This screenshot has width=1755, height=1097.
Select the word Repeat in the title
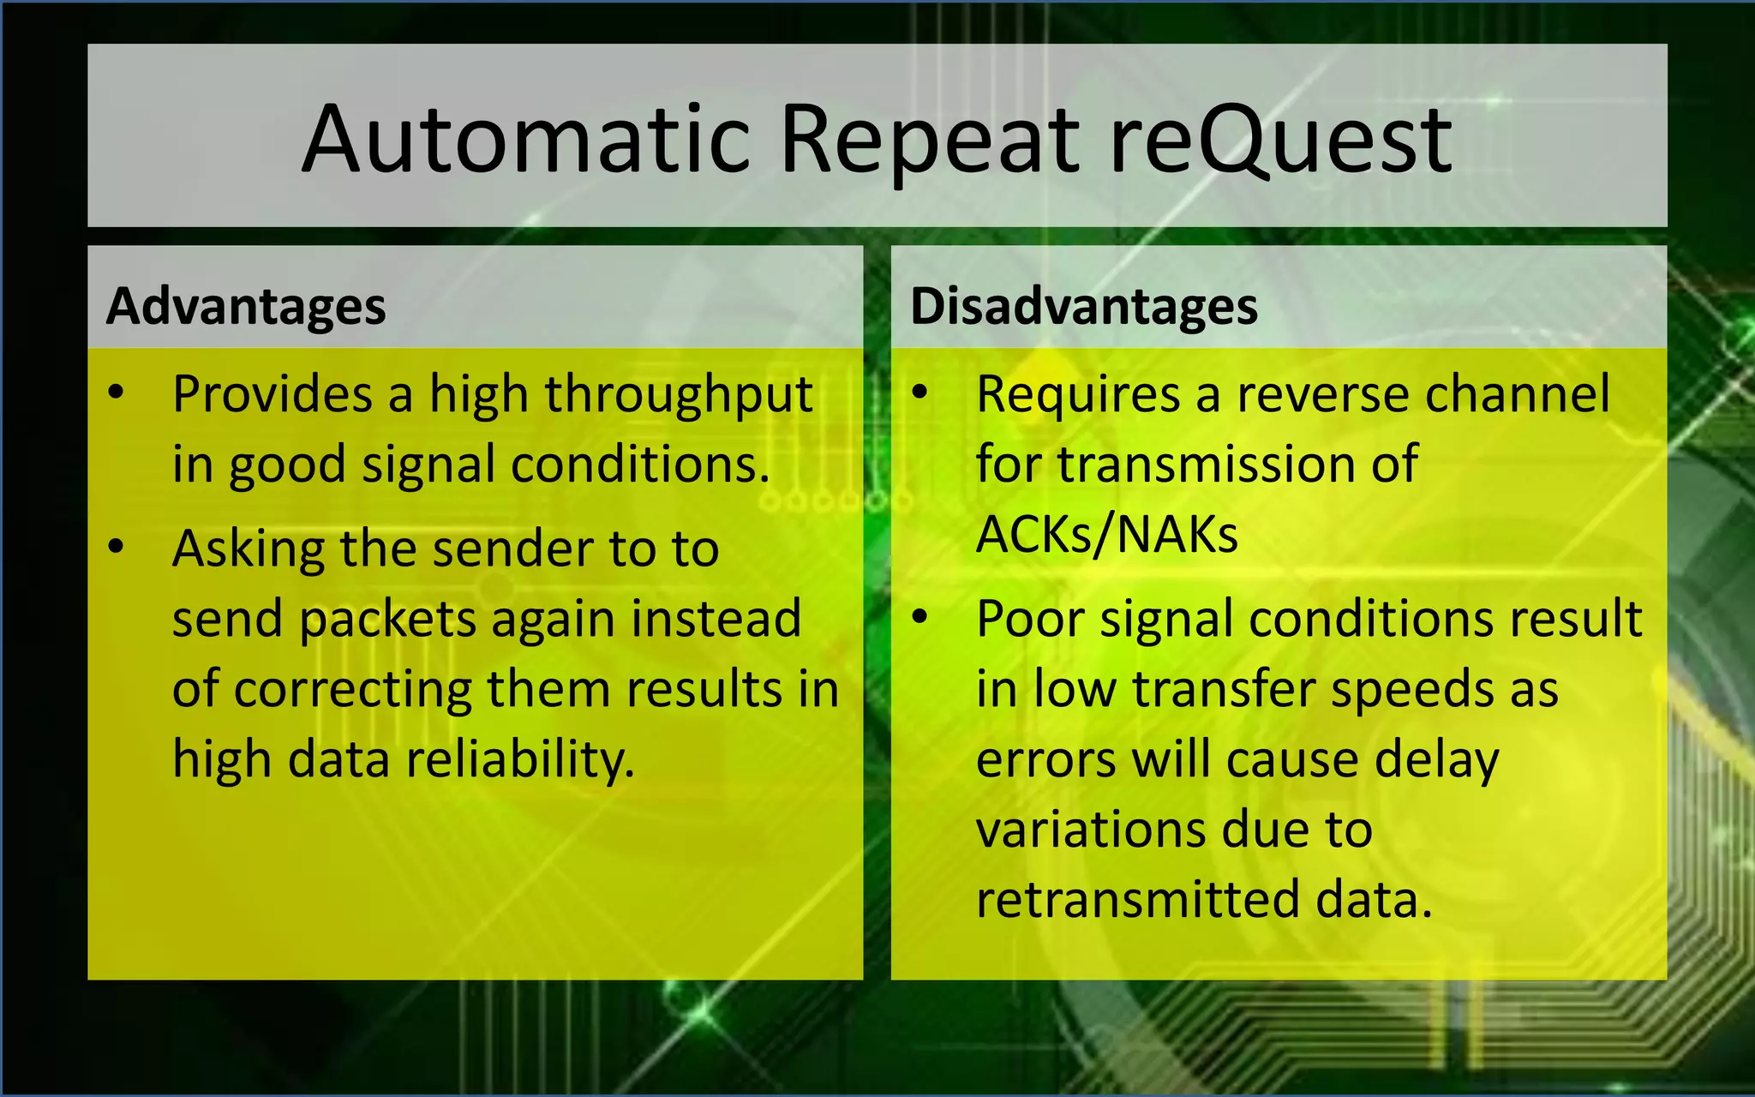coord(929,139)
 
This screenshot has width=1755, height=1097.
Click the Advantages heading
coord(246,307)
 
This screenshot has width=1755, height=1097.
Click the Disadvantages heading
coord(1083,307)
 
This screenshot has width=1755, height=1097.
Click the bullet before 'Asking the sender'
coord(117,547)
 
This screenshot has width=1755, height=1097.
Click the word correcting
coord(351,689)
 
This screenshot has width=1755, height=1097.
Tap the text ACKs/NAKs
coord(1106,534)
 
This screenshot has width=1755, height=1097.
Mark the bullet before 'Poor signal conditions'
coord(919,617)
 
